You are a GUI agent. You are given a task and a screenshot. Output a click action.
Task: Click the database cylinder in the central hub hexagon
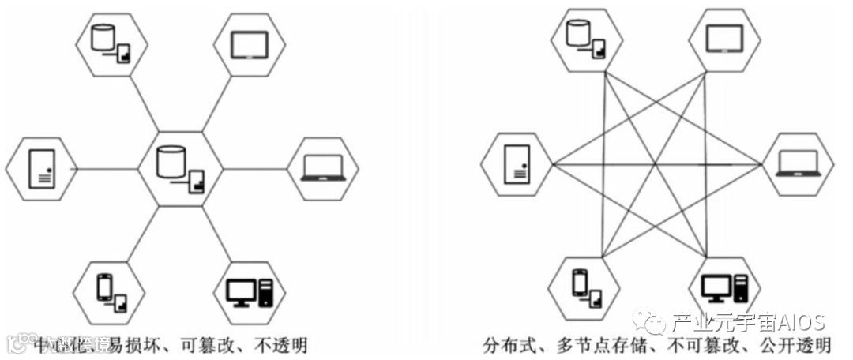168,160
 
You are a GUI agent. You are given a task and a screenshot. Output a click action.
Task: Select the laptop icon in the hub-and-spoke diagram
323,168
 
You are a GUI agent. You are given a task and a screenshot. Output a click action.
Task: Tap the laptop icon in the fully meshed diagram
797,163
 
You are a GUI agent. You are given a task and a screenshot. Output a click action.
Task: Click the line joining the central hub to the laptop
254,168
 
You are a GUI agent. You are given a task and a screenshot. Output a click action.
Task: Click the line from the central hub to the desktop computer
216,234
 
